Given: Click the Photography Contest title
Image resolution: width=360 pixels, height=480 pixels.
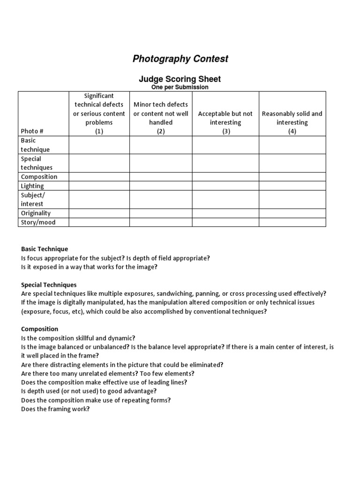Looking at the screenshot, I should (x=180, y=59).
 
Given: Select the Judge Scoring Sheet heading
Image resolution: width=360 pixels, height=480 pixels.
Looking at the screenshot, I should (x=180, y=79).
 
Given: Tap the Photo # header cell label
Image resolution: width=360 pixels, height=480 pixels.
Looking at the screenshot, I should (x=32, y=131).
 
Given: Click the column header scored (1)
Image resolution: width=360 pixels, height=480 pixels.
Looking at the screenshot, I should (x=99, y=113).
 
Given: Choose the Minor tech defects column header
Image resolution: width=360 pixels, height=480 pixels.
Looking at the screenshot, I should (x=161, y=113).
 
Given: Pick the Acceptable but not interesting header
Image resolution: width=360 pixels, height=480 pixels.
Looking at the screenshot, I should (x=225, y=118).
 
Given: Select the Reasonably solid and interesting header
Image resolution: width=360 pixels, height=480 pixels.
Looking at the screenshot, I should (x=292, y=118).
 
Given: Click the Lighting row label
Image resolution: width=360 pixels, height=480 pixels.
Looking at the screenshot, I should (x=32, y=186).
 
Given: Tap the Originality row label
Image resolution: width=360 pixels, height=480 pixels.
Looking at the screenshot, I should (x=36, y=213).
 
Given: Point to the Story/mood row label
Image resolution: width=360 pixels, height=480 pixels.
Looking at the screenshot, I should (x=38, y=222).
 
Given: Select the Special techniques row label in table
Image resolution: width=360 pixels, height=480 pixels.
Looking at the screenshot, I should (x=37, y=163).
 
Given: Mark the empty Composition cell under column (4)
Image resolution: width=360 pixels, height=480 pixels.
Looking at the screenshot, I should (x=292, y=177).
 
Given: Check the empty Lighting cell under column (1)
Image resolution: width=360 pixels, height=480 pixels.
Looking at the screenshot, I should (x=99, y=186).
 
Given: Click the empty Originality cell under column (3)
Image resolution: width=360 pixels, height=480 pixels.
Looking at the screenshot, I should (x=225, y=213).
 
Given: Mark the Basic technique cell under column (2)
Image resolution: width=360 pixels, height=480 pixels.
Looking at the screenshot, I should (x=161, y=145).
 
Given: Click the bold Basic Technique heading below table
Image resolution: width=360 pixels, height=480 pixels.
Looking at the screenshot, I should (x=45, y=249).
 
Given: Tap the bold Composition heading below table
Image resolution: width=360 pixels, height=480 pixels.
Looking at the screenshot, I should (x=40, y=329).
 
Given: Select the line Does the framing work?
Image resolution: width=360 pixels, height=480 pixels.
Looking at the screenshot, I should (x=55, y=409).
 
